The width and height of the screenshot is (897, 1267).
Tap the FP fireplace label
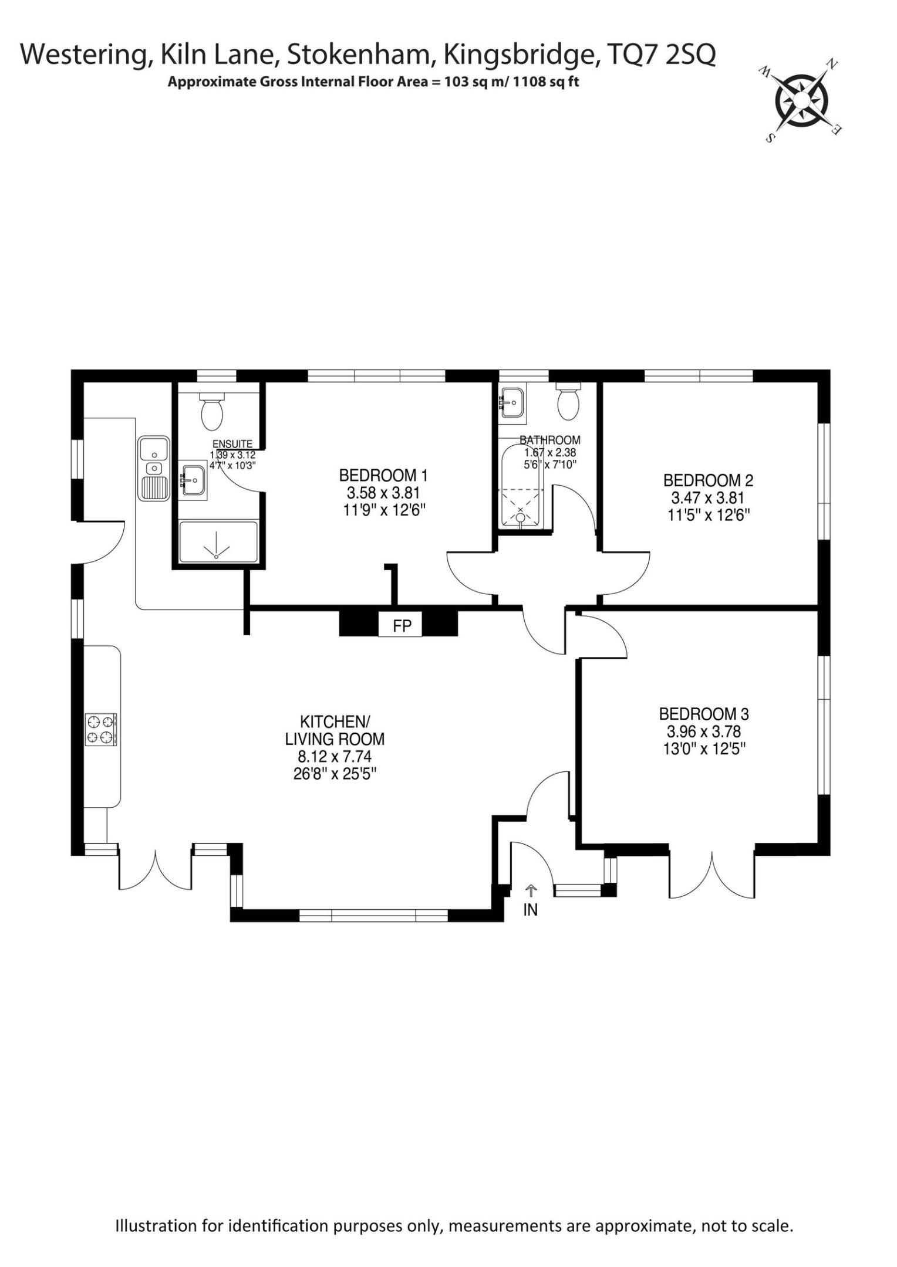(x=402, y=626)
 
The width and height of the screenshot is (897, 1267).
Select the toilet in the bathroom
(x=568, y=401)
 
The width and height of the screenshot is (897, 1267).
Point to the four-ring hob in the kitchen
(x=102, y=730)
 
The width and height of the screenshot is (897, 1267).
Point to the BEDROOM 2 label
(x=708, y=480)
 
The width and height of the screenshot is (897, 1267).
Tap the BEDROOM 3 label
(x=704, y=714)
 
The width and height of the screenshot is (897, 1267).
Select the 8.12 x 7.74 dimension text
(x=335, y=757)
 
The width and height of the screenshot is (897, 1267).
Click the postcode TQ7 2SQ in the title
(x=662, y=55)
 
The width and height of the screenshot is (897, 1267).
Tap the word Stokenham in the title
(x=361, y=55)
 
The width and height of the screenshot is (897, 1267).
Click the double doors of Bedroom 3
(x=712, y=874)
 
